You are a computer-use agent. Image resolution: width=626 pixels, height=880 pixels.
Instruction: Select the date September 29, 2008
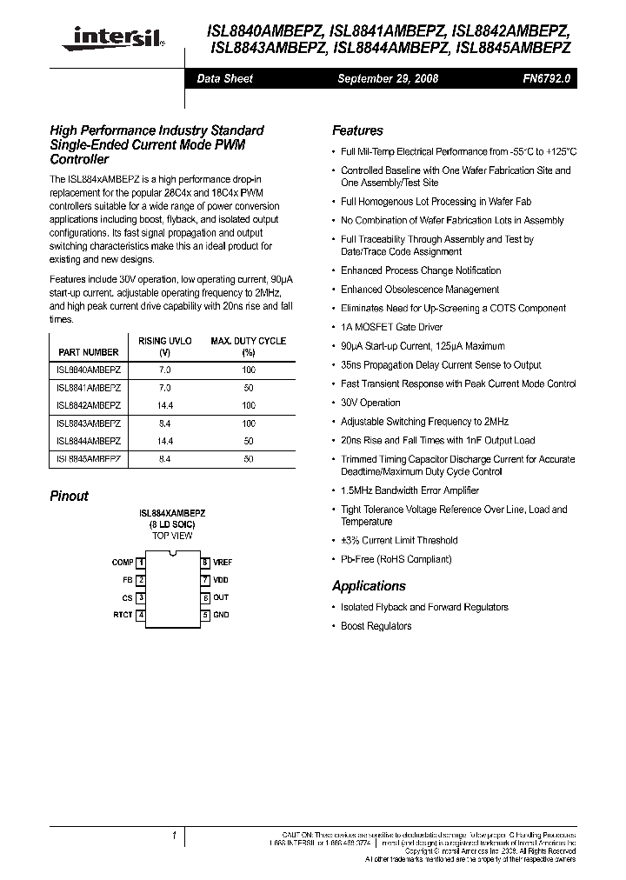pos(387,78)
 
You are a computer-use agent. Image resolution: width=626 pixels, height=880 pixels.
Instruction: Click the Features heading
pos(357,130)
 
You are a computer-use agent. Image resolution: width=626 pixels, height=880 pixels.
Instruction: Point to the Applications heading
pos(369,586)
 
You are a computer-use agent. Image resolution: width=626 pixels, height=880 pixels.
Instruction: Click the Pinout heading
pos(69,496)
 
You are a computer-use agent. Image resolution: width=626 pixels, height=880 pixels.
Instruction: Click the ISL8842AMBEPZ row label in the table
pos(89,405)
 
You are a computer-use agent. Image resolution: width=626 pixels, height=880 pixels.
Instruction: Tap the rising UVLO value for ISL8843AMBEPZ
pos(165,423)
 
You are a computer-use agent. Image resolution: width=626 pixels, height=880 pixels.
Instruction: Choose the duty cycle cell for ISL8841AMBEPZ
pos(249,387)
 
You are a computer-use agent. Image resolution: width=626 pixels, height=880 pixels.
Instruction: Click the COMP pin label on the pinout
pos(123,563)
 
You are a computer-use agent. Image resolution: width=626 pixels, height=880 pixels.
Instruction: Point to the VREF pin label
pos(223,563)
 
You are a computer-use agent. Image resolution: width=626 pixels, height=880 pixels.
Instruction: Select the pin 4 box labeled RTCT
pos(140,616)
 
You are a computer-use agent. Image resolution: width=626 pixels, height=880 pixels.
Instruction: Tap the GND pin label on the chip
pos(221,616)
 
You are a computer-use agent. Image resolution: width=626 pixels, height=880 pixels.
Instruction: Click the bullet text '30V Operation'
pos(370,403)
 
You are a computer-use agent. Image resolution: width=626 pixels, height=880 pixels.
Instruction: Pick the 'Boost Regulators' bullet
pos(376,626)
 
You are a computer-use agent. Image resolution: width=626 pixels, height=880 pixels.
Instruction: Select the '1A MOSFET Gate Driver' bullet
pos(391,327)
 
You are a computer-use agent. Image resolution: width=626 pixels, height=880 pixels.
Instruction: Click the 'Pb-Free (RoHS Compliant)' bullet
pos(396,559)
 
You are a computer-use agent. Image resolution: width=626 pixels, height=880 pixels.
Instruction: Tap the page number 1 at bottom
pos(175,836)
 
